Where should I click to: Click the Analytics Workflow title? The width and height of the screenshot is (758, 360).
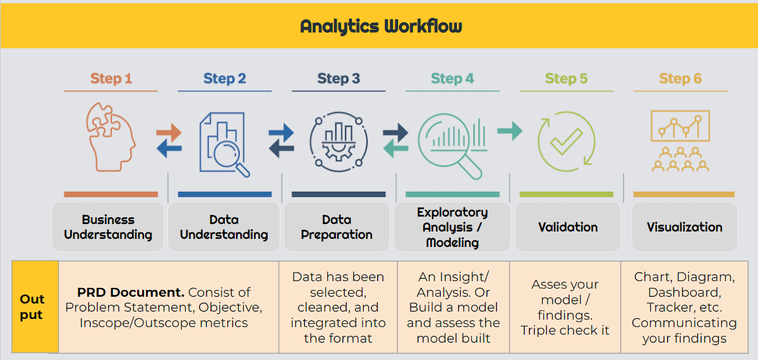(381, 27)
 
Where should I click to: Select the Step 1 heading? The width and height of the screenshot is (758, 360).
(111, 79)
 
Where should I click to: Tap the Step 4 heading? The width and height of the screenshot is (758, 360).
(452, 79)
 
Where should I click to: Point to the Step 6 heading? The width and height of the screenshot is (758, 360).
(680, 79)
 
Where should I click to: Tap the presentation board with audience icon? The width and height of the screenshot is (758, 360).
(680, 141)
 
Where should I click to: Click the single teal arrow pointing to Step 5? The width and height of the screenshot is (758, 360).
(509, 131)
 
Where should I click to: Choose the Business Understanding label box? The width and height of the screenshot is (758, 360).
(108, 227)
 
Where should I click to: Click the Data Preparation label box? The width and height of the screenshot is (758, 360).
(337, 227)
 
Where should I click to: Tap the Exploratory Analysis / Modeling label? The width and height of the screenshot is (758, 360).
(452, 227)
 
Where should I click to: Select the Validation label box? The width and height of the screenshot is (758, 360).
(567, 227)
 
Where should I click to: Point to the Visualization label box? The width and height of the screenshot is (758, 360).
(684, 227)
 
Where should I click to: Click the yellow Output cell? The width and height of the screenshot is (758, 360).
(32, 307)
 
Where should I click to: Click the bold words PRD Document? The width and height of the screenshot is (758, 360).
(131, 292)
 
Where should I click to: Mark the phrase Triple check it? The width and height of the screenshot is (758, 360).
(565, 330)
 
